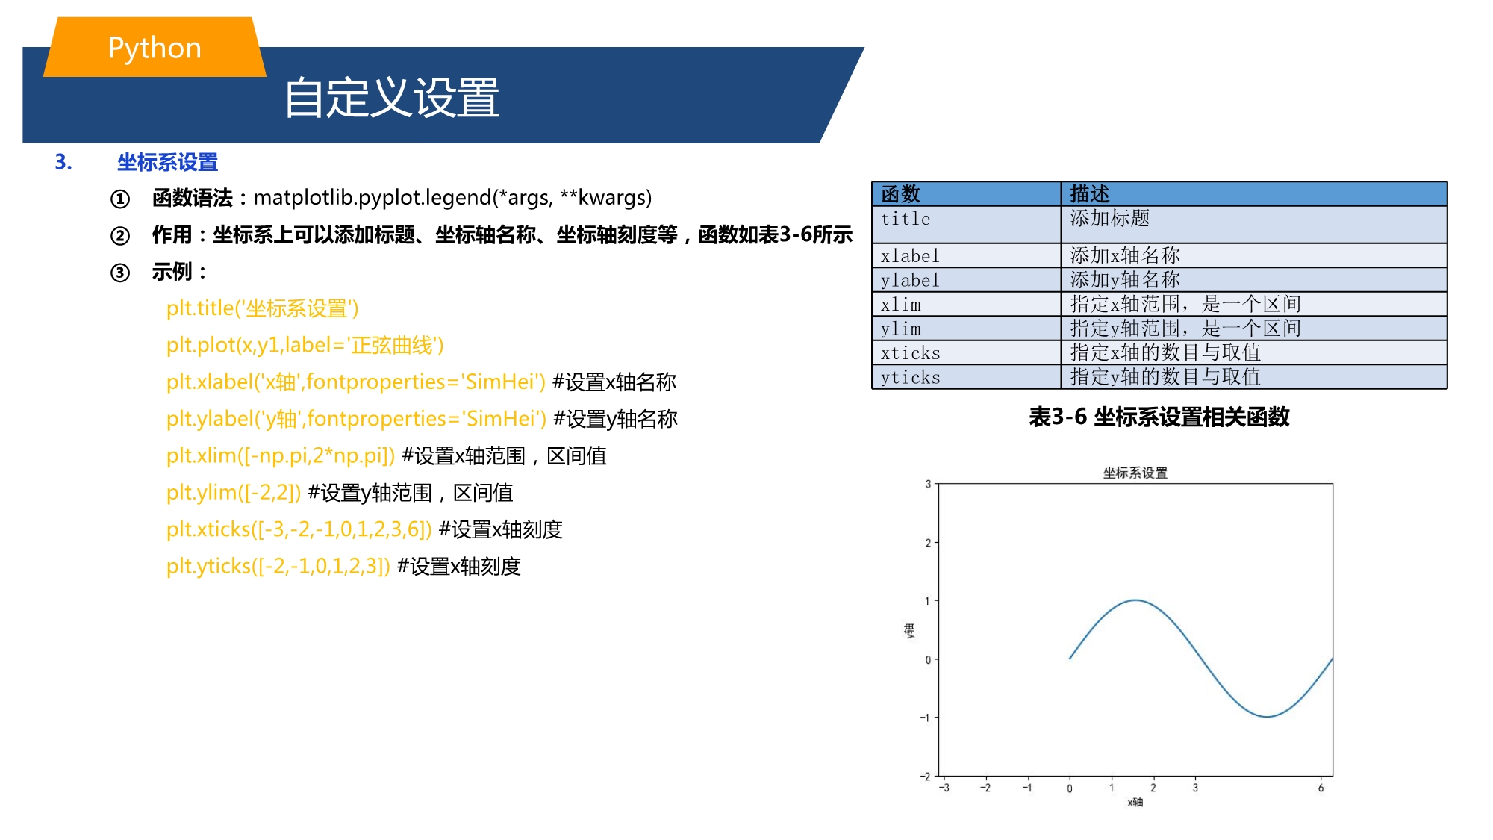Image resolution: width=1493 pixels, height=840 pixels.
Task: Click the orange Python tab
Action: point(155,47)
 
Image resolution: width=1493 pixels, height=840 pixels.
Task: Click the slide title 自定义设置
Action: point(392,98)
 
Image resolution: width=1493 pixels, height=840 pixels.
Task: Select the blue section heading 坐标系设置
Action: point(167,162)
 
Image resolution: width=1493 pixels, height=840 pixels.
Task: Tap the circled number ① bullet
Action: point(120,199)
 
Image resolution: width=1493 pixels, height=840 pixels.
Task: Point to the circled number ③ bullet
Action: point(120,273)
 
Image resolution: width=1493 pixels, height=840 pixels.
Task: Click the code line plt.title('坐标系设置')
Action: point(263,308)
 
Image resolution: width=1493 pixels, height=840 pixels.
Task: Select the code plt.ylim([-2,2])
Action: point(234,493)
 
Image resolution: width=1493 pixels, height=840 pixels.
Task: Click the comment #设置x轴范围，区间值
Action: point(504,455)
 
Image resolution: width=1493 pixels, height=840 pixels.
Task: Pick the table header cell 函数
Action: point(966,194)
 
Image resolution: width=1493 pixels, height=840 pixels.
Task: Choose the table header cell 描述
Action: point(1254,194)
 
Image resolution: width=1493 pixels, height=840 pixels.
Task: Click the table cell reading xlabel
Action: point(966,256)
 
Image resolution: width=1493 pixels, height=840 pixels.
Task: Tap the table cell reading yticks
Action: point(966,377)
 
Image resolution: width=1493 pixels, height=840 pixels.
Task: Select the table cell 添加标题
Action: point(1254,225)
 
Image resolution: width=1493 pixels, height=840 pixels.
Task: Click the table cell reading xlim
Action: point(966,305)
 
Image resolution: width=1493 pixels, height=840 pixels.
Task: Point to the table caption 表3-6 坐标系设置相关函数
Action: point(1159,417)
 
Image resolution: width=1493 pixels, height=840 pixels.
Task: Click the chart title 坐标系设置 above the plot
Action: point(1135,473)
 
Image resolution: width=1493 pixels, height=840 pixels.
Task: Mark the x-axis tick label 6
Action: point(1321,788)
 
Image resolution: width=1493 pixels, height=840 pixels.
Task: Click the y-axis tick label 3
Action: point(928,484)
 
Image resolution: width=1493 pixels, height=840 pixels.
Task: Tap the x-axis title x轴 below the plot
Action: point(1135,802)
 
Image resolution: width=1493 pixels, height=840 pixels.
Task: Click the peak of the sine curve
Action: point(1135,600)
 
